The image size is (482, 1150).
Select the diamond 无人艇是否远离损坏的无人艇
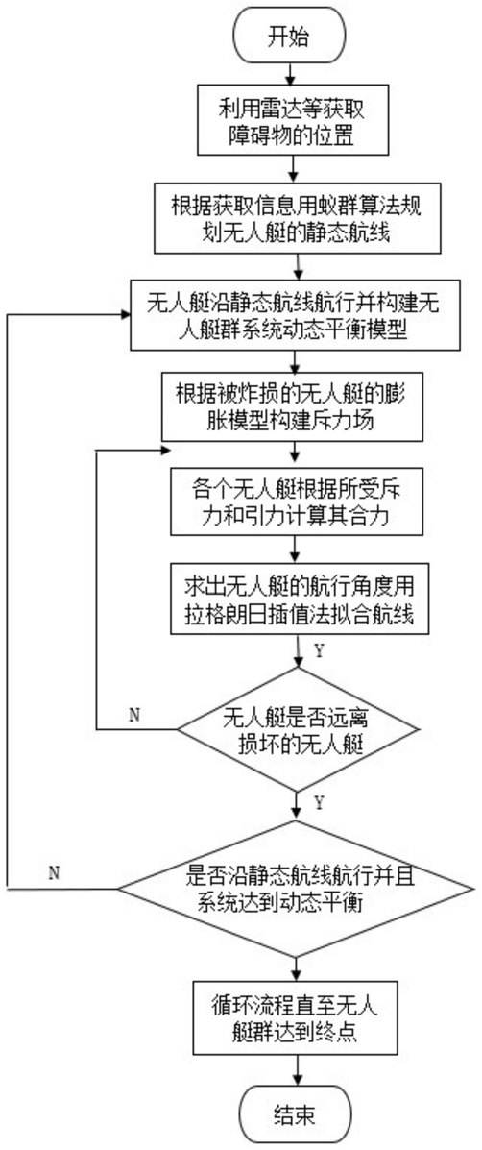coord(296,729)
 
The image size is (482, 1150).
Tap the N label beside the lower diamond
coord(53,872)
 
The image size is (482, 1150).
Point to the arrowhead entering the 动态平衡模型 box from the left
coord(125,313)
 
